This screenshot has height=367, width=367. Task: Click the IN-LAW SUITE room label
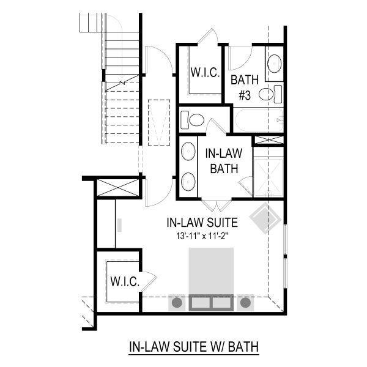(x=202, y=223)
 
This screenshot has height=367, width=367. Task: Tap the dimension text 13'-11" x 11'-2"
(x=202, y=236)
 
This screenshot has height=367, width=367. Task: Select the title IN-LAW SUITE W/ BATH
(x=194, y=347)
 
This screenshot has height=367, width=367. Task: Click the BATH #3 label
(x=245, y=87)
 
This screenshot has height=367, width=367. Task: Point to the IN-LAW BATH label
(x=224, y=161)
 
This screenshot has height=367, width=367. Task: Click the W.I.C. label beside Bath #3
(x=205, y=72)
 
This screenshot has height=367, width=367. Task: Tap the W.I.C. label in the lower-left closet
(x=125, y=281)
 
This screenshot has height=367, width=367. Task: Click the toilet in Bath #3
(x=270, y=94)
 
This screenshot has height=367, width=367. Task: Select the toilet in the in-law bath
(x=192, y=120)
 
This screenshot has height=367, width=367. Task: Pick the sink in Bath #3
(x=274, y=64)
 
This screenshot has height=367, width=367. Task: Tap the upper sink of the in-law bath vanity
(x=188, y=151)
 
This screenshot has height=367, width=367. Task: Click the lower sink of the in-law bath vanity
(x=188, y=182)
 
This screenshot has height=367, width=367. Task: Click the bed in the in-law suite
(x=211, y=280)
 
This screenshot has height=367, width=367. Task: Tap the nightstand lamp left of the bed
(x=177, y=303)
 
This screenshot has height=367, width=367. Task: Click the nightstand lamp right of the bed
(x=245, y=303)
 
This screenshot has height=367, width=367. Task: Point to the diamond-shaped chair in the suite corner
(x=265, y=218)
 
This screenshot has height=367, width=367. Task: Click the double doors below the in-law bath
(x=217, y=206)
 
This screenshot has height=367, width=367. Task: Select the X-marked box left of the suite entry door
(x=118, y=188)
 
